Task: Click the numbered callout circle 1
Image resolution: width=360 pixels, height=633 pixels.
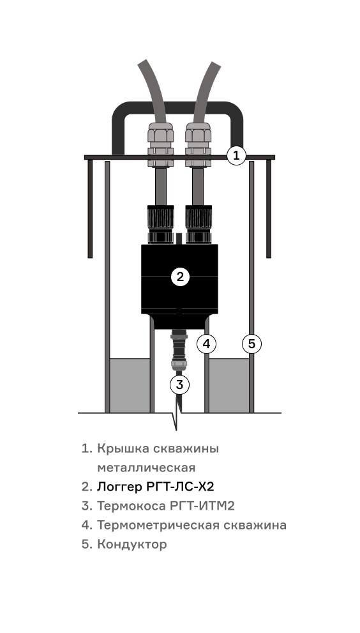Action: (236, 155)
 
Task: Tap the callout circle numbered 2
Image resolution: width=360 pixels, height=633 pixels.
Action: (180, 277)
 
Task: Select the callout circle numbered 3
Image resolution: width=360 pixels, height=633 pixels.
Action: (179, 385)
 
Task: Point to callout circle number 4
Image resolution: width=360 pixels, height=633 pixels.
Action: (206, 344)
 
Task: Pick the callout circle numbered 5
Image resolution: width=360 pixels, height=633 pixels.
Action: (252, 344)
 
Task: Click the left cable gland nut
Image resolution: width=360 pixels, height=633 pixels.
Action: (161, 144)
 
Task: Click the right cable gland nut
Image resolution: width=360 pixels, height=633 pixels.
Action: (198, 144)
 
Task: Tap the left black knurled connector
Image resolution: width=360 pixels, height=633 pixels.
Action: (161, 224)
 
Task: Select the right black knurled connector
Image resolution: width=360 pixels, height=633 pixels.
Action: (198, 224)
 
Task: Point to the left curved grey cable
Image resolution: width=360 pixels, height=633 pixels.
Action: (154, 91)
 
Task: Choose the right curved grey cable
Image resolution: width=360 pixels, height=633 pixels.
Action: (205, 91)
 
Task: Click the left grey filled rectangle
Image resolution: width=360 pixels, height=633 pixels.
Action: (130, 386)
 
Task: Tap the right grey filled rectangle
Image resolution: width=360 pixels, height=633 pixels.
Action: (229, 386)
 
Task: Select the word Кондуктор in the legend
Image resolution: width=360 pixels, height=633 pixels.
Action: (132, 544)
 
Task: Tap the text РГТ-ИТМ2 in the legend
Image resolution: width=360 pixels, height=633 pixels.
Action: (200, 506)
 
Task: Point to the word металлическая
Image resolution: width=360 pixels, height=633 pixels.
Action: (147, 468)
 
